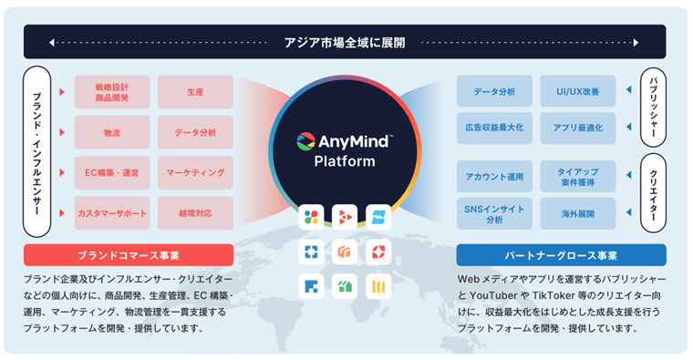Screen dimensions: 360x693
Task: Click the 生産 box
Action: [x=195, y=92]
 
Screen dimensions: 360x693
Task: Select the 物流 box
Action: [x=111, y=132]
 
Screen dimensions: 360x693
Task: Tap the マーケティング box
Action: [x=195, y=172]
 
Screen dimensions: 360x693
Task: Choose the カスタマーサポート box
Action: [x=111, y=212]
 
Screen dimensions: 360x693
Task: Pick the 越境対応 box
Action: [x=195, y=212]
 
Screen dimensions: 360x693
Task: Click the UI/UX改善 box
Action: [x=577, y=92]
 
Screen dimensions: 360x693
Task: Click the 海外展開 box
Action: [x=577, y=213]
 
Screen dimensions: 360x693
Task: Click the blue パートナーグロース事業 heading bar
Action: [x=561, y=254]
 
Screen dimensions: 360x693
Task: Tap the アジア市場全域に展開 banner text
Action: [x=345, y=42]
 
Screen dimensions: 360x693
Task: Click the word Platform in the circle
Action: [x=345, y=162]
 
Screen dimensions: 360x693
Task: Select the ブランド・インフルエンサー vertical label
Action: [x=37, y=151]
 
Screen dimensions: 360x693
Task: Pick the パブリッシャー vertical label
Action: [x=654, y=108]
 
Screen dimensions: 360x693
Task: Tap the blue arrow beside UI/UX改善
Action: [x=626, y=92]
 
